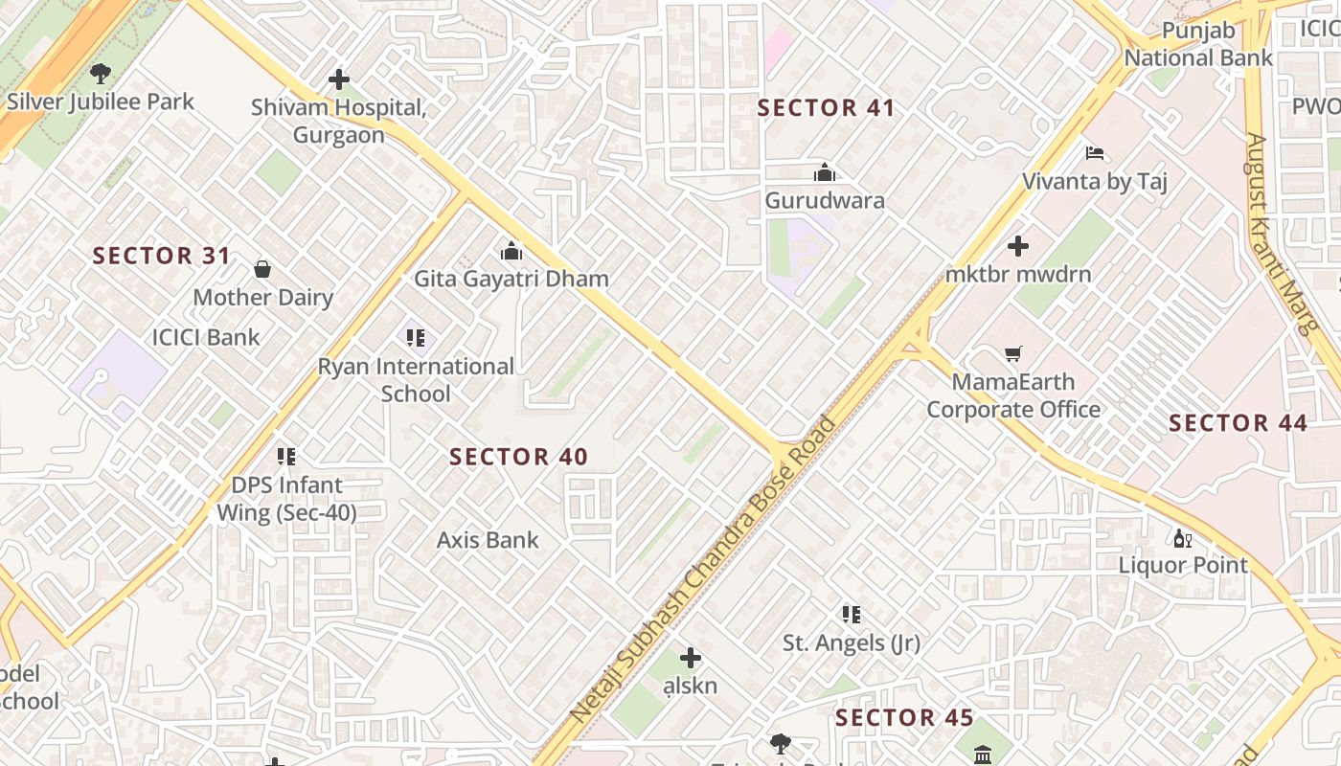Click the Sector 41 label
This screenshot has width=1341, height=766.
826,108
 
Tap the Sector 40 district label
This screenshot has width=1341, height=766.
518,458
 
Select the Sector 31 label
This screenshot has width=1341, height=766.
162,256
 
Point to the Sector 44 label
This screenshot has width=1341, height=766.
1238,423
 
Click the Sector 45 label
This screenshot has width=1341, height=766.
904,718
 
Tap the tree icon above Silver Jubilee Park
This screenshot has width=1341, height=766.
100,73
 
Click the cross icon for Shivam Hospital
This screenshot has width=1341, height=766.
338,79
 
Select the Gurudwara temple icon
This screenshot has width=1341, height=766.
824,173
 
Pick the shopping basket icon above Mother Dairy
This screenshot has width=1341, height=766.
262,269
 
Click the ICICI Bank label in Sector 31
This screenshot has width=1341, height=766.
206,337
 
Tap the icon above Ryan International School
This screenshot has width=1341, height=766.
415,337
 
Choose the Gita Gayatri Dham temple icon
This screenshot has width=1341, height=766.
511,251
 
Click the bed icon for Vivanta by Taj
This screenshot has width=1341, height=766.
1095,153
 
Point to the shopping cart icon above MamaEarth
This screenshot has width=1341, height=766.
1013,354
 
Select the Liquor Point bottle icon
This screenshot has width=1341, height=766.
1183,538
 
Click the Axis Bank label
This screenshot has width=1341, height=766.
488,540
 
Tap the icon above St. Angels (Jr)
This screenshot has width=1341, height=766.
851,614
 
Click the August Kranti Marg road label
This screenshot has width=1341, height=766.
1278,234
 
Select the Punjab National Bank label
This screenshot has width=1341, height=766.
1198,44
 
